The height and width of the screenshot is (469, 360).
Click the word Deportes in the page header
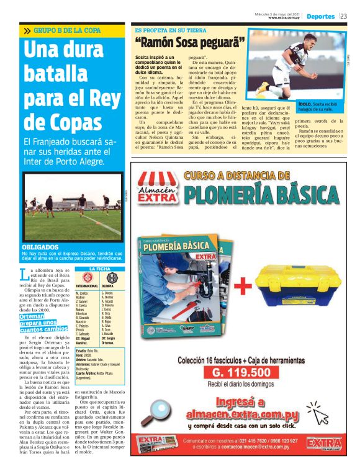coord(320,16)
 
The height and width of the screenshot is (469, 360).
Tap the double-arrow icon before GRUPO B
coord(27,30)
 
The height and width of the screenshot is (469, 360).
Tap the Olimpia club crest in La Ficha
coord(107,277)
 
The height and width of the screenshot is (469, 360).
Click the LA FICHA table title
coord(99,269)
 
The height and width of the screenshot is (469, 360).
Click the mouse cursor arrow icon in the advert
coord(320,416)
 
